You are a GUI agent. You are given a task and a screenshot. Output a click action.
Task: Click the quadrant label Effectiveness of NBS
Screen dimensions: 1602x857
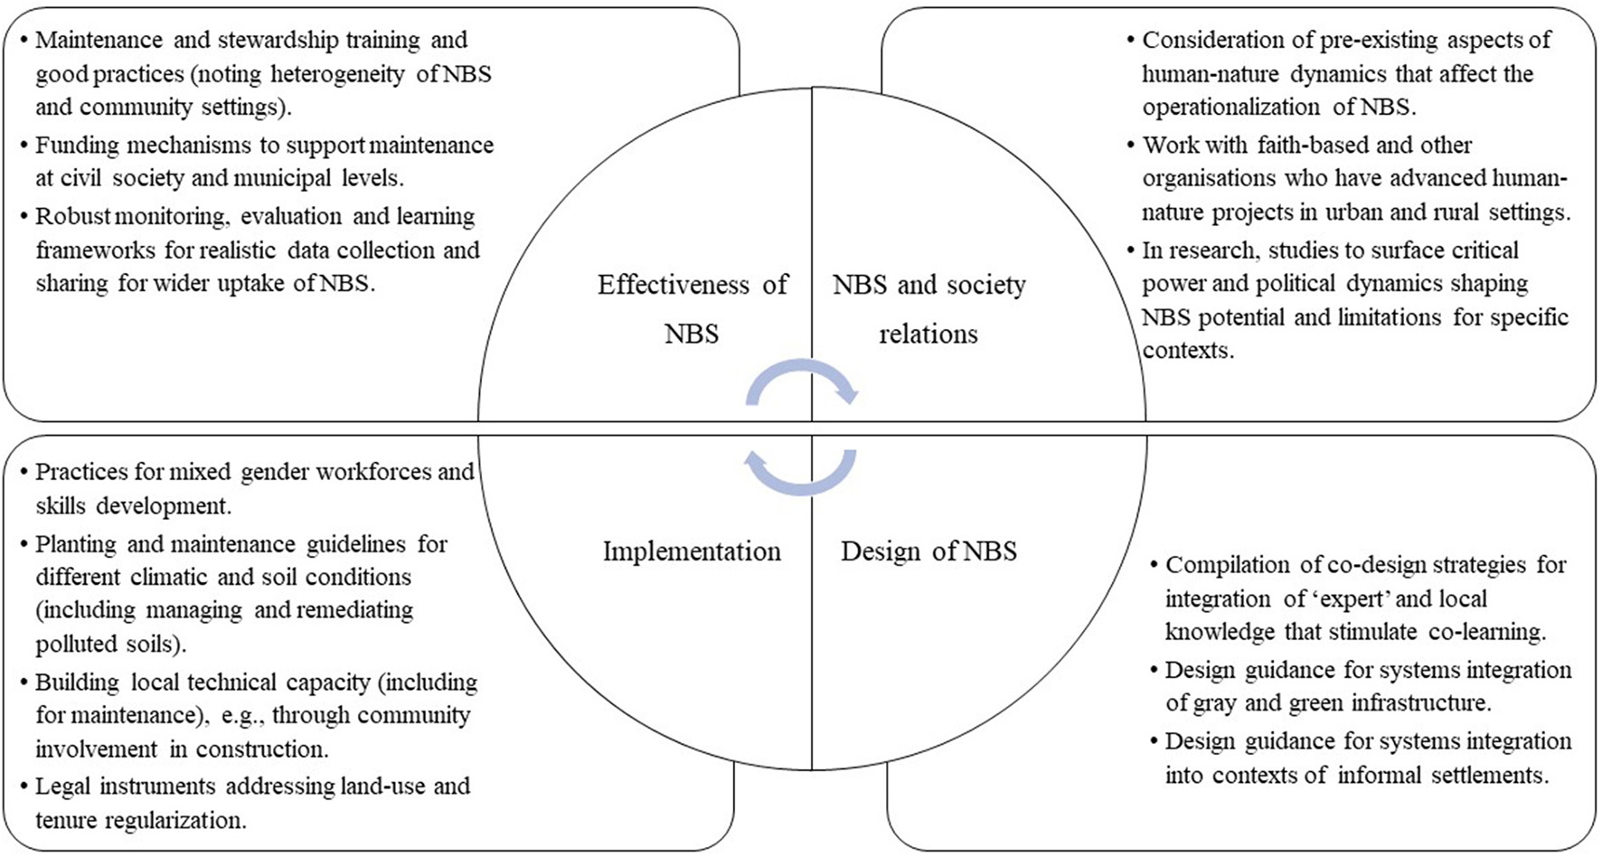coord(692,308)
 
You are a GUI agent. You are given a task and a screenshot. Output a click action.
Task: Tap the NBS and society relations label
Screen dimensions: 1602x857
coord(928,308)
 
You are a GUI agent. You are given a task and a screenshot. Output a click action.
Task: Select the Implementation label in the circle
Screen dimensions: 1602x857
coord(692,551)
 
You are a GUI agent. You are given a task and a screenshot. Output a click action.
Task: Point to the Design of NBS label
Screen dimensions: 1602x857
coord(928,551)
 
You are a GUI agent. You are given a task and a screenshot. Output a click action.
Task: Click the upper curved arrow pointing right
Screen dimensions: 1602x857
coord(802,378)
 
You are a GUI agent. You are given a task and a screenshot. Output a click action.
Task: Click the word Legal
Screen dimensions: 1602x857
coord(62,786)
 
